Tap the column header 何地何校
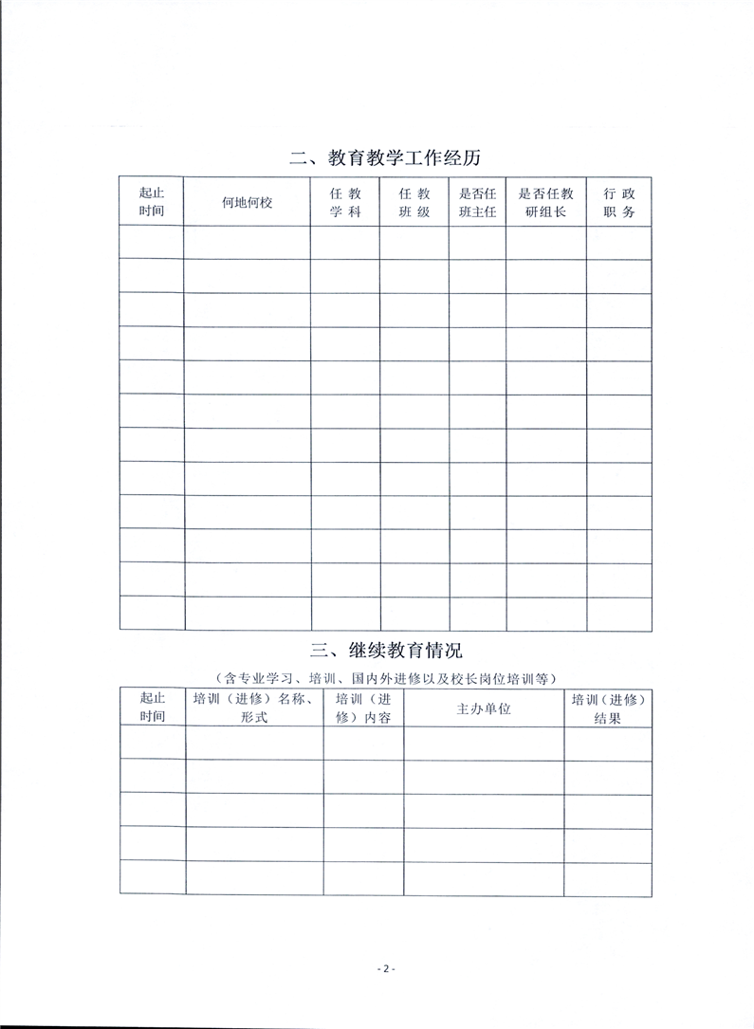tap(247, 202)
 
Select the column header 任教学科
tap(345, 202)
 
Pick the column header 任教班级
tap(414, 202)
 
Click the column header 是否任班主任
tap(477, 202)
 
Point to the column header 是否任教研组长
tap(545, 202)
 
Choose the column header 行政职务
tap(619, 202)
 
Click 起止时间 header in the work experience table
tap(152, 202)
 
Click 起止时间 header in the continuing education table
tap(152, 708)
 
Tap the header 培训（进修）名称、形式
tap(254, 708)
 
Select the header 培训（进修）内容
tap(363, 708)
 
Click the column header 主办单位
tap(484, 708)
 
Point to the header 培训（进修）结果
tap(608, 708)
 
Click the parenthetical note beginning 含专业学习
tap(386, 677)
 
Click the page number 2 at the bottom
tap(384, 968)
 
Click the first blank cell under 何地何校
tap(247, 243)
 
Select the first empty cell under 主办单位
tap(484, 743)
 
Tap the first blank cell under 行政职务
tap(619, 243)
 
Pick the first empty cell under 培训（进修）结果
tap(608, 743)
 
